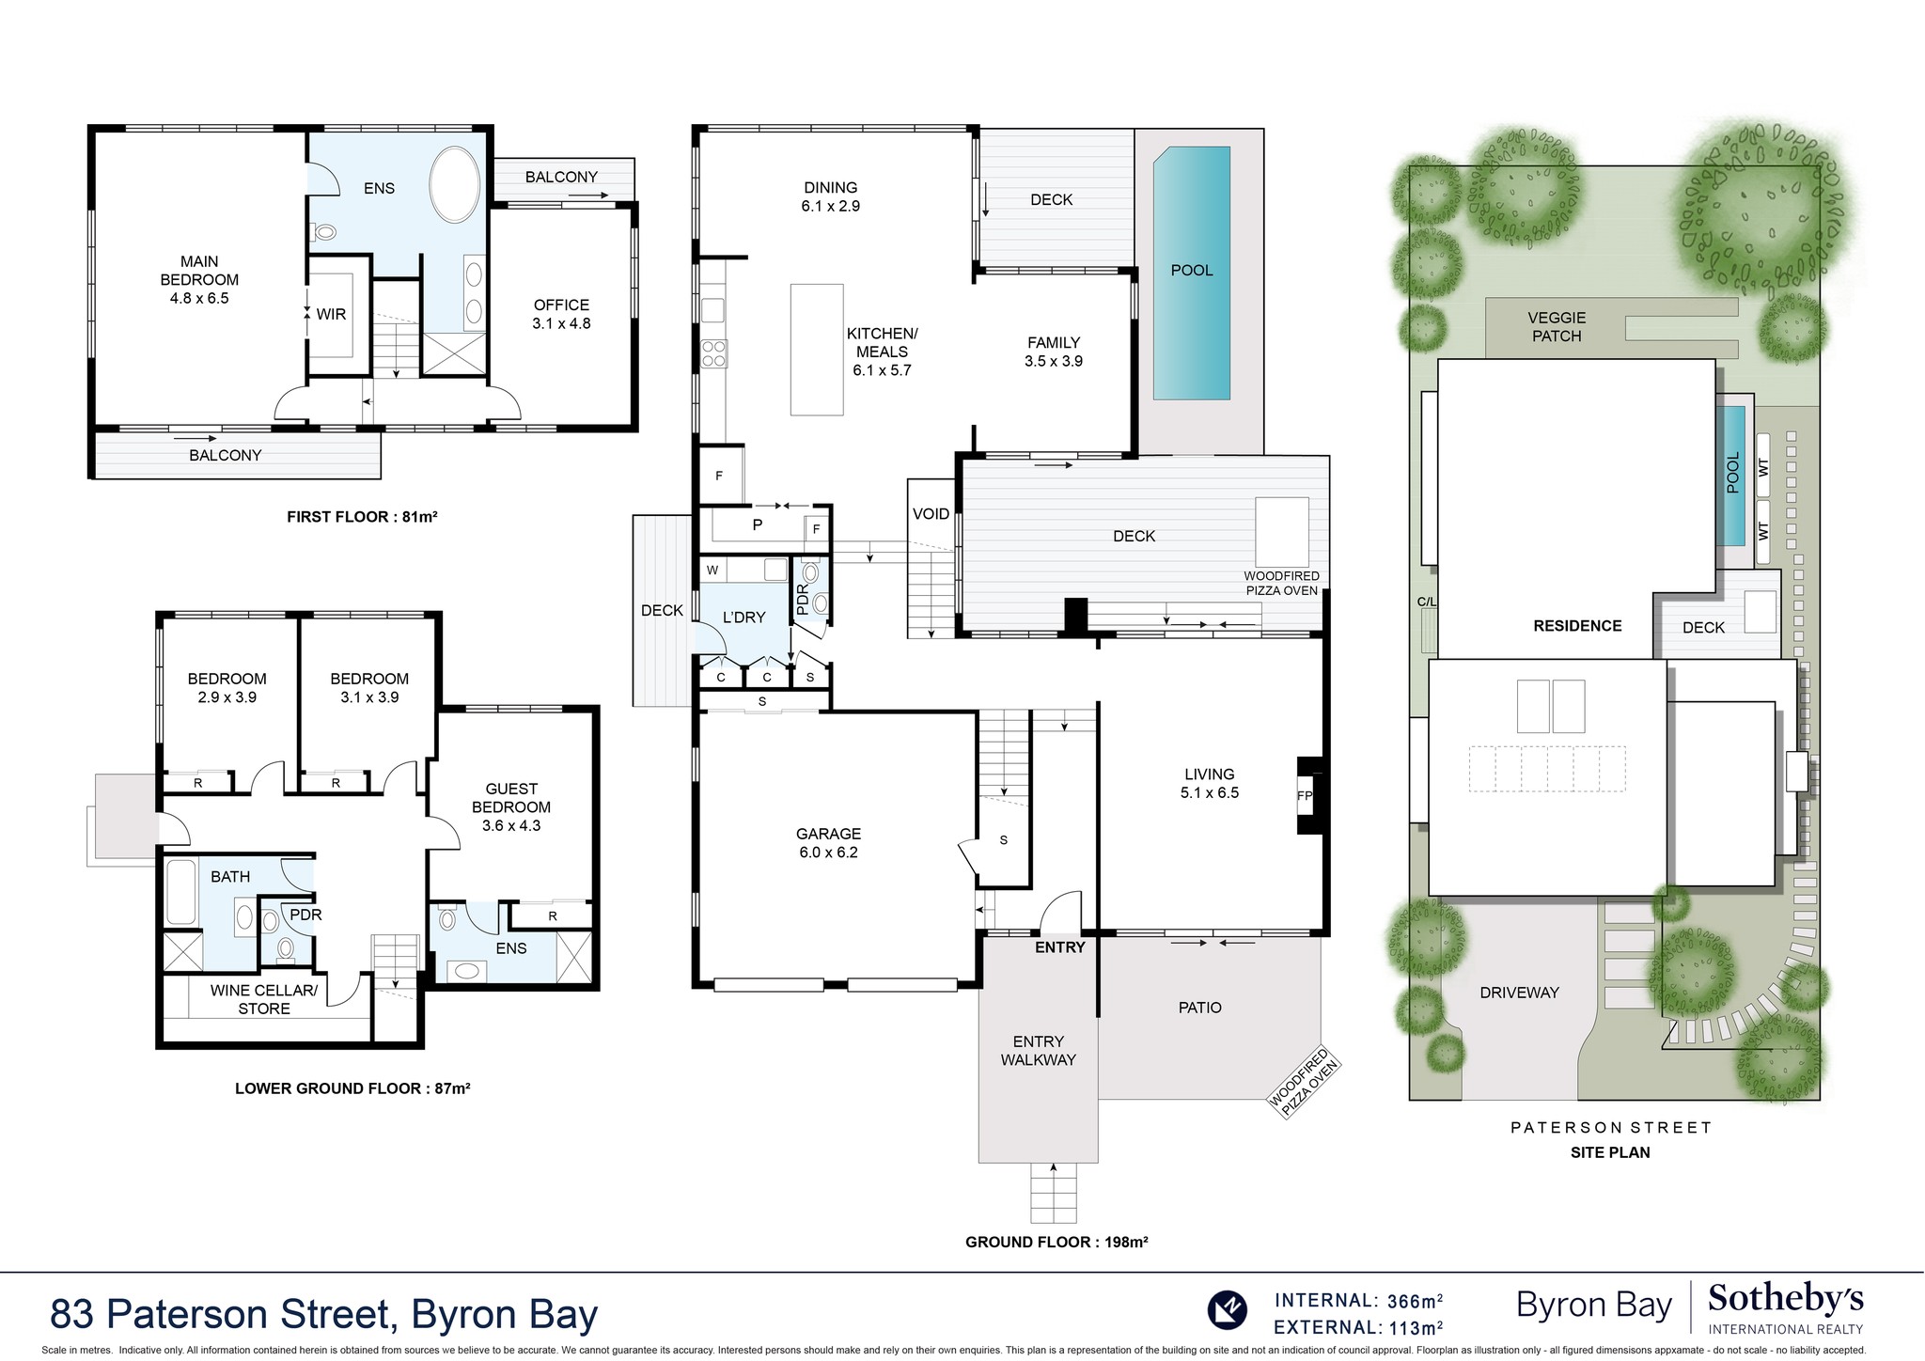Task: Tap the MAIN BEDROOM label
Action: [199, 279]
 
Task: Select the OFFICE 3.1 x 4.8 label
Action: [561, 314]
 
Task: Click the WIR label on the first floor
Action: [331, 314]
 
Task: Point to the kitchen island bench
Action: [817, 350]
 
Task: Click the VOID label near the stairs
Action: [931, 514]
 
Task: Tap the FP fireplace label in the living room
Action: [1305, 795]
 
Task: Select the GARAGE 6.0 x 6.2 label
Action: [828, 843]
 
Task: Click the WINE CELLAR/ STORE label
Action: [264, 999]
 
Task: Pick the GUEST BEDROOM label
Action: [511, 806]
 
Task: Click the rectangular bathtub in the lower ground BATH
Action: [180, 892]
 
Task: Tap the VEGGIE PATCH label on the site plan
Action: [1557, 327]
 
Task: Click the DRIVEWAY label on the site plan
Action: [1519, 993]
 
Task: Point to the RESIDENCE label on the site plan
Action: [1577, 626]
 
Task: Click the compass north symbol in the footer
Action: [1227, 1309]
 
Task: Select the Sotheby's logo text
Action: [1785, 1301]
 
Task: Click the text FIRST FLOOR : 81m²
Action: [363, 517]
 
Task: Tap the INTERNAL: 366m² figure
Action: [1358, 1301]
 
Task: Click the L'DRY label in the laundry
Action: [743, 618]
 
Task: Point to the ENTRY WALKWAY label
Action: [1038, 1051]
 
